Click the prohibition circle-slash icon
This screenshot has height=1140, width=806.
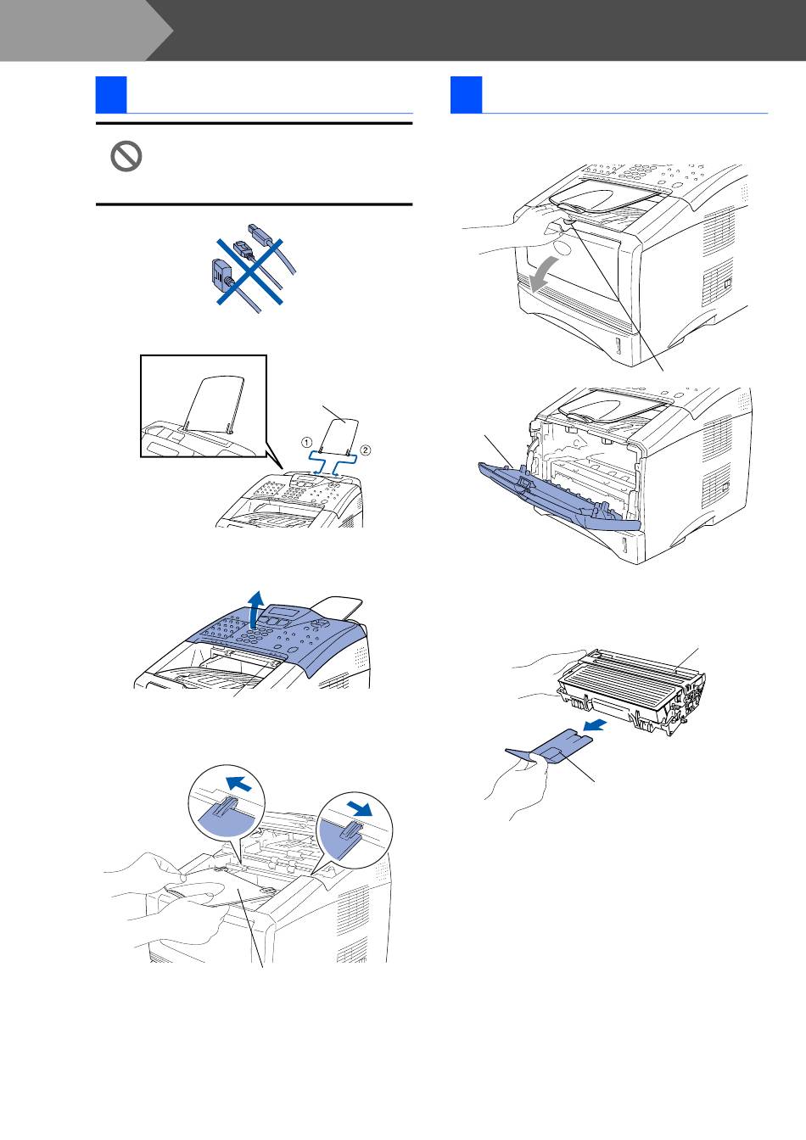(126, 157)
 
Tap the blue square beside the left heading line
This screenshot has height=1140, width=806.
(111, 95)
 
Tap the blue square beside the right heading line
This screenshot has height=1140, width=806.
(466, 95)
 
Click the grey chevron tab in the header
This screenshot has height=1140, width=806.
(81, 30)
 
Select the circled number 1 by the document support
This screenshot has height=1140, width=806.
(307, 442)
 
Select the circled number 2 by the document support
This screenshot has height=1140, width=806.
(366, 449)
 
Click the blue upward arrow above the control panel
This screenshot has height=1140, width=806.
(252, 610)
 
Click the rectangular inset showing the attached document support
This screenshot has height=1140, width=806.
(203, 406)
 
